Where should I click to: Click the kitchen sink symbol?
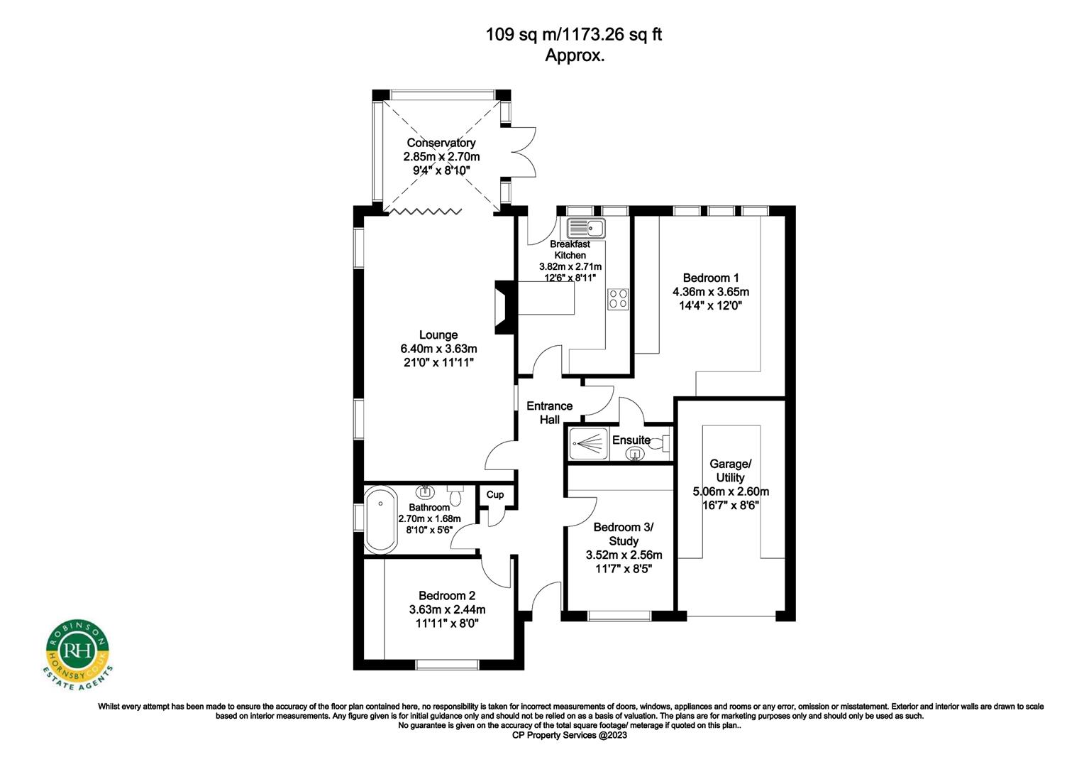pos(585,229)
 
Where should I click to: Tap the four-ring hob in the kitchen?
pos(618,298)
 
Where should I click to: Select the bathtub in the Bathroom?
pos(381,519)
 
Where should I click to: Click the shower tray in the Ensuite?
pos(588,442)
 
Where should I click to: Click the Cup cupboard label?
pos(495,494)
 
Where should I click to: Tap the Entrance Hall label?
pos(549,413)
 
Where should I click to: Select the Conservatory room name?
pos(441,143)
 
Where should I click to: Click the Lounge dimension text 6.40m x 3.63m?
pos(438,349)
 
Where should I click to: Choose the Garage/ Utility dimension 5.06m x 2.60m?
pos(730,491)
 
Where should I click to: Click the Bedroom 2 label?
pos(447,596)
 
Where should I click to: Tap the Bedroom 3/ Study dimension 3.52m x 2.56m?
pos(624,555)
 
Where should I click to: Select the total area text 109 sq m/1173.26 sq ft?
pos(573,34)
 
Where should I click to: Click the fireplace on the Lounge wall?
pos(502,306)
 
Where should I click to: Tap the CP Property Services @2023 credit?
pos(570,736)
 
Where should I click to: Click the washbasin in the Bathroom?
pos(426,491)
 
